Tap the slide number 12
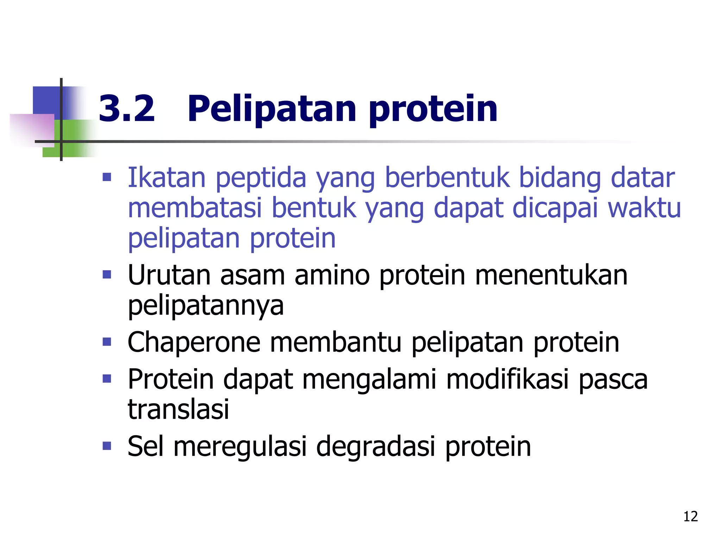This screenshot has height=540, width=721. click(690, 516)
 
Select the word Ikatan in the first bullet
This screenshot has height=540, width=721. click(166, 177)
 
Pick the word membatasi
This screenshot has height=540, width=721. click(195, 208)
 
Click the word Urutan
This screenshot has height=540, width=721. click(169, 275)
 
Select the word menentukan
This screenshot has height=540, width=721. click(551, 275)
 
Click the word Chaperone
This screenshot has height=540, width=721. click(194, 343)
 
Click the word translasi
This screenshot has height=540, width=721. click(178, 410)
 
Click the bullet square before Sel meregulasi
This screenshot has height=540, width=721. click(107, 446)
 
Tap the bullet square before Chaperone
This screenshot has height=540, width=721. click(107, 342)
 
